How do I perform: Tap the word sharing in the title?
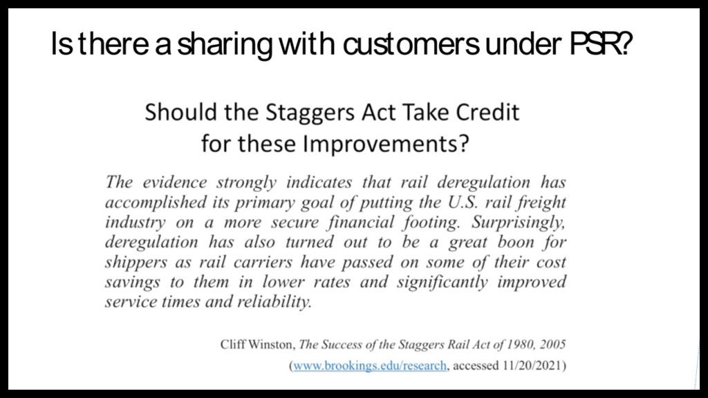coord(225,46)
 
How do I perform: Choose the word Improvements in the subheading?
coord(386,144)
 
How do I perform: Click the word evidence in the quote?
coord(175,182)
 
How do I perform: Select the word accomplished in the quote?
coord(156,202)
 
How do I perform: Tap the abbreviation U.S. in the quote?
coord(463,202)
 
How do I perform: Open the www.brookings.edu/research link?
coord(370,365)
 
